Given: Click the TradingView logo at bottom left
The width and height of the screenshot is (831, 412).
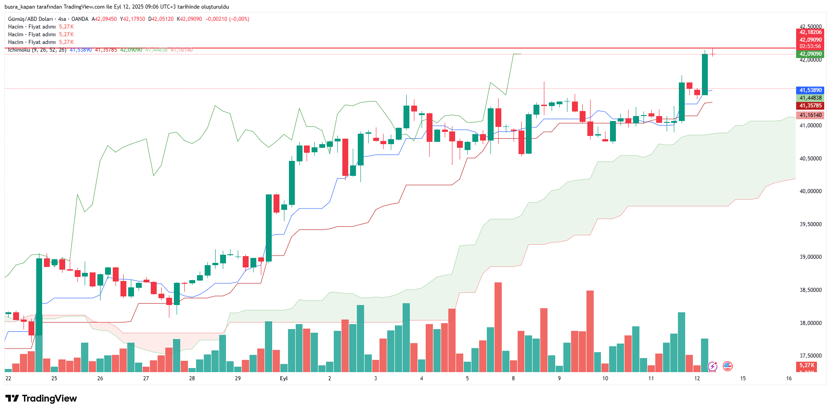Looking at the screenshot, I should (x=41, y=398).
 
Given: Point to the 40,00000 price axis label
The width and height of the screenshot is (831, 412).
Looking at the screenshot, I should (x=810, y=191).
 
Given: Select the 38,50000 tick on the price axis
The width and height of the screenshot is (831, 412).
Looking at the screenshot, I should (x=810, y=290).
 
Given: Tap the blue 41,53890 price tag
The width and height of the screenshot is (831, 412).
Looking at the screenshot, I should (x=810, y=90).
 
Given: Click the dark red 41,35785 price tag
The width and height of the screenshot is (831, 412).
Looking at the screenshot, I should (x=810, y=106).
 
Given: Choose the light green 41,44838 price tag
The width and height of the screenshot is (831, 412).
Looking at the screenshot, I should (x=810, y=98).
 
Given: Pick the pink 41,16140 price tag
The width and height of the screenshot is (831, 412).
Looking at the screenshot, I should (x=810, y=115).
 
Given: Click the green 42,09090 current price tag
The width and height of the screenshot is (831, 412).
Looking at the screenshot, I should (x=810, y=54).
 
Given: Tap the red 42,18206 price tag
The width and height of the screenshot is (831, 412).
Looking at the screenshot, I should (x=810, y=32).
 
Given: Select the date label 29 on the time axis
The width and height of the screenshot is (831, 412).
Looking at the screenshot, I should (x=238, y=378).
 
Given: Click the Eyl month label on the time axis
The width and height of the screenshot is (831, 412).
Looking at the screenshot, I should (x=283, y=378).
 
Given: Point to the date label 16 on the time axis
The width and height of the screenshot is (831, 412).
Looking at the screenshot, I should (x=789, y=378).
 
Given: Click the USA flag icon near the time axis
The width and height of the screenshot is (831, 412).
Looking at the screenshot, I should (x=728, y=366).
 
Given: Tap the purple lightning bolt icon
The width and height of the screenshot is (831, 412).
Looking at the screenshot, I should (x=713, y=366).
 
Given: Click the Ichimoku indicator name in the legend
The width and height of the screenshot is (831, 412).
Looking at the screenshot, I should (x=19, y=50).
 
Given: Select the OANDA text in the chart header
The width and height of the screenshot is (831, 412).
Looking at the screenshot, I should (x=80, y=19).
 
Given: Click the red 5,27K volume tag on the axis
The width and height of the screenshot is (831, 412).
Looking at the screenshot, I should (x=807, y=365).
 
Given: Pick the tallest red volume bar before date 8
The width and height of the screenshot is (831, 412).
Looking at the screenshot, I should (x=498, y=326).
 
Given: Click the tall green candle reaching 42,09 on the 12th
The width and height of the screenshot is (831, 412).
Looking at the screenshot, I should (x=705, y=74).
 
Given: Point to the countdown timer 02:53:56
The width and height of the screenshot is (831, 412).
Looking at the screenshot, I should (x=810, y=46).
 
